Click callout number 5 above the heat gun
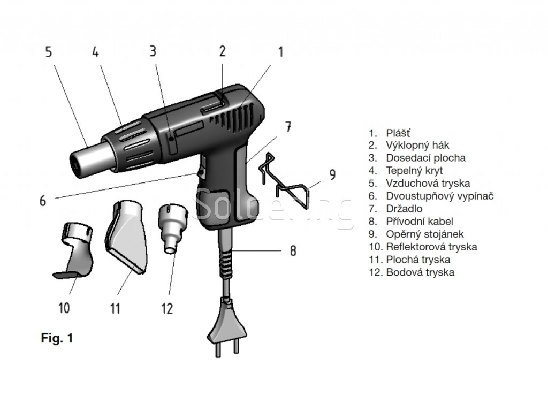49,52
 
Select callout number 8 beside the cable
293,250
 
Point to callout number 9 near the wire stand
332,174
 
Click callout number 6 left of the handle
43,201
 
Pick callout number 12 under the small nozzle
167,308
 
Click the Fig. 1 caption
57,338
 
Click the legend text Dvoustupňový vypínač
439,196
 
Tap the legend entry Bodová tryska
420,272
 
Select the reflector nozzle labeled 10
75,252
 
